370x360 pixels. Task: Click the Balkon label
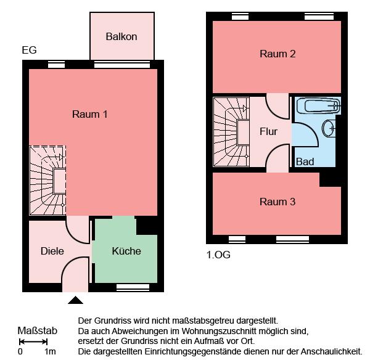121,37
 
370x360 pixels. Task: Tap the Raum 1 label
90,114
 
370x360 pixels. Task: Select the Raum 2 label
277,54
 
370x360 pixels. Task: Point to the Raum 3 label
277,202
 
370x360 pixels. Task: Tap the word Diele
52,251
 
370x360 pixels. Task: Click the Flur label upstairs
268,131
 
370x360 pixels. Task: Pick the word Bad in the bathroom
305,162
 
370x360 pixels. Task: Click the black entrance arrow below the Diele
75,300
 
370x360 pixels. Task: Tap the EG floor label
29,50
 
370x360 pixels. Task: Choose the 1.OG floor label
218,253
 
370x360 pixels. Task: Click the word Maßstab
38,331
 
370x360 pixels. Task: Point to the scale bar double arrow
33,342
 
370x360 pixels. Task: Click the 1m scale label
51,352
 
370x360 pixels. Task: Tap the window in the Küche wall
133,287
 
